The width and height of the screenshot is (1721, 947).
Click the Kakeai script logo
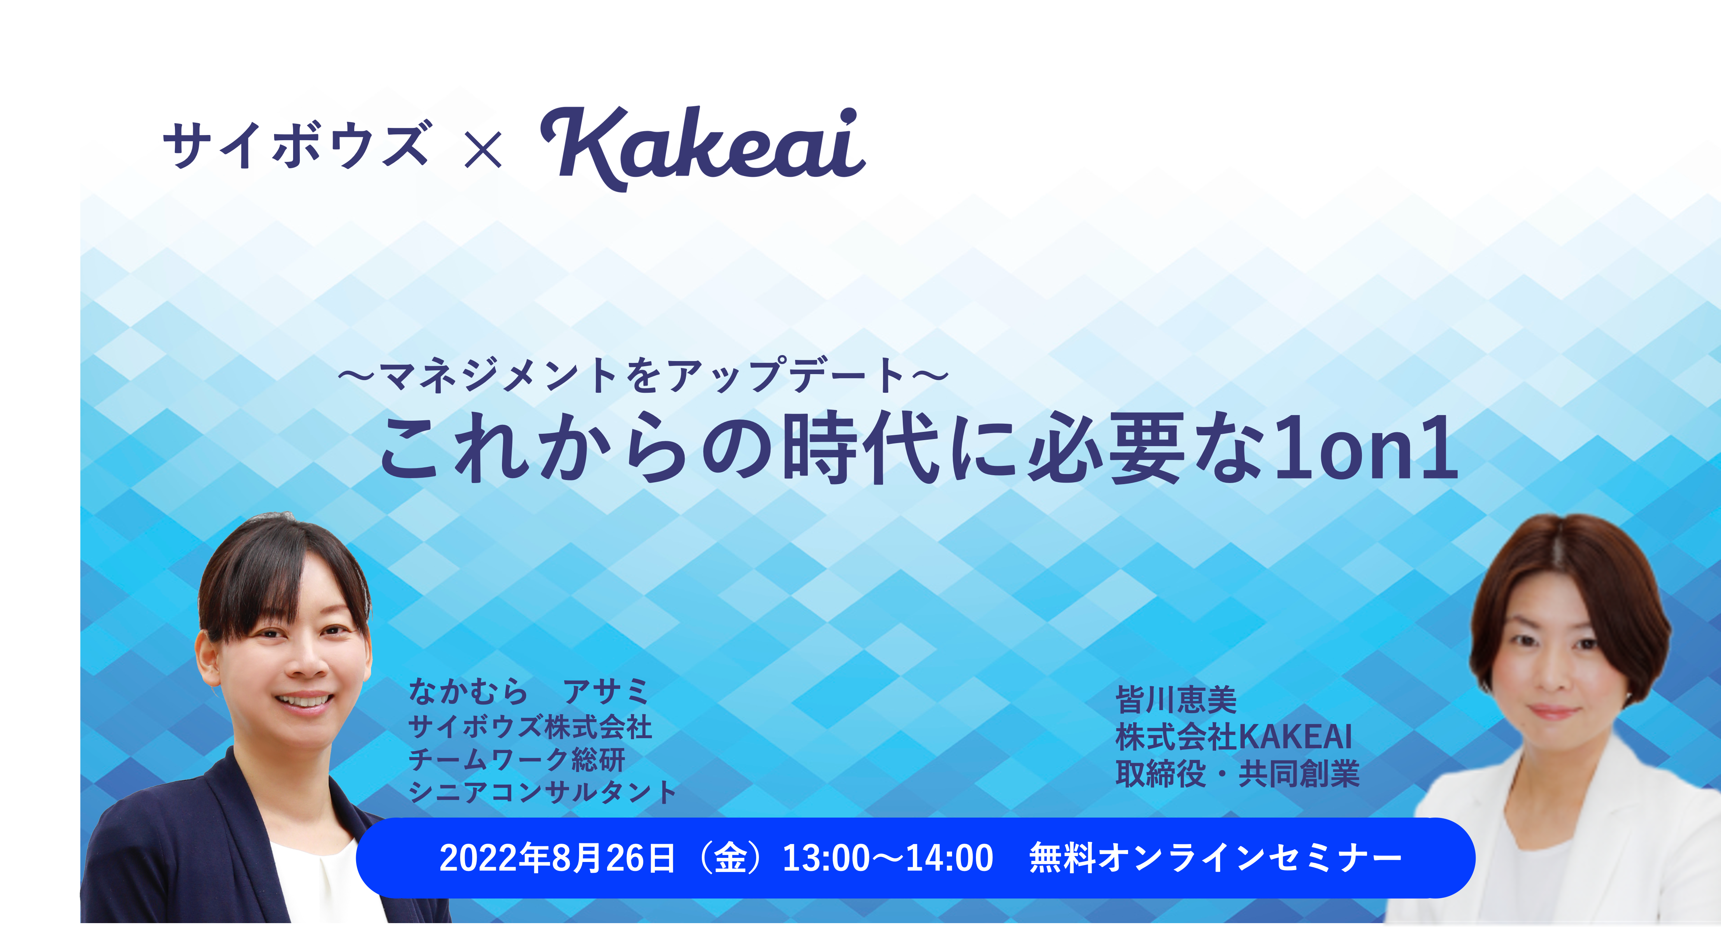pyautogui.click(x=703, y=148)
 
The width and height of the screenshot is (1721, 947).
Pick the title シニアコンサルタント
pyautogui.click(x=543, y=792)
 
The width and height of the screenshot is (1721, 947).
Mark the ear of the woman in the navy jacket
pyautogui.click(x=207, y=658)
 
